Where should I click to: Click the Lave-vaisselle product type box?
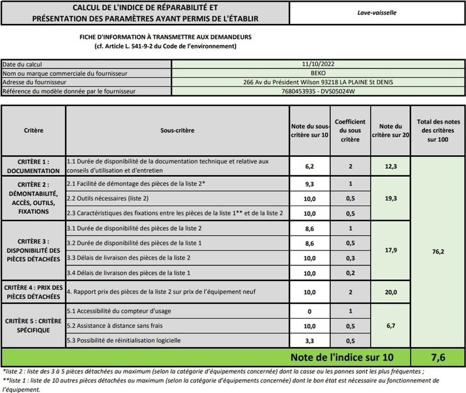tap(377, 13)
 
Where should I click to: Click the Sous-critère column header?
tap(177, 130)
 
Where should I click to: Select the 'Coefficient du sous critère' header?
tap(350, 130)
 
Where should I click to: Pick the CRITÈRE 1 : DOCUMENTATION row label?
tap(33, 166)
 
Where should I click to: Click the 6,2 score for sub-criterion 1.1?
tap(309, 166)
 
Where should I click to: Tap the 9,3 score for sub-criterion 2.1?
tap(309, 184)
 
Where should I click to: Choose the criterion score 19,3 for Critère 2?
tap(390, 198)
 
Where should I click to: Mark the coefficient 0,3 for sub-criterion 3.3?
tap(350, 258)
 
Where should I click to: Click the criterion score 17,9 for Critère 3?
tap(390, 250)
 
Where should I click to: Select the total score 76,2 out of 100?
tap(438, 251)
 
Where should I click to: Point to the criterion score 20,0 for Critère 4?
tap(390, 292)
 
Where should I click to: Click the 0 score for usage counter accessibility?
tap(309, 311)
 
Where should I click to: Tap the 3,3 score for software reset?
tap(309, 341)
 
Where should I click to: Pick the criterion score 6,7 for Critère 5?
tap(390, 326)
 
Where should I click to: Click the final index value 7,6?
tap(438, 357)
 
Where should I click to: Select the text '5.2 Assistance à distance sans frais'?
tap(115, 326)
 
